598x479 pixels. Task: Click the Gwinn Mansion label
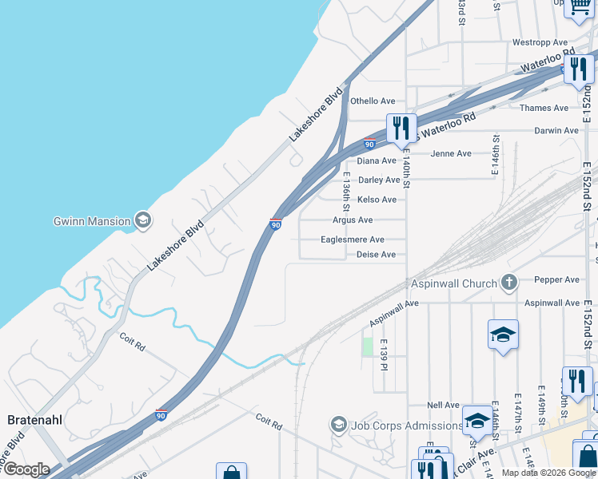coord(91,221)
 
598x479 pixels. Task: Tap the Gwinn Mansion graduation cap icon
coord(143,220)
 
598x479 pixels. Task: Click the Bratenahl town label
coord(34,419)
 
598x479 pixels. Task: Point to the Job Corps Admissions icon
coord(338,425)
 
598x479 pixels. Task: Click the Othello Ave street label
coord(373,101)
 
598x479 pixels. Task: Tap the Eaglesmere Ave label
coord(353,239)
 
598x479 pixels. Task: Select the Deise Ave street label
coord(376,255)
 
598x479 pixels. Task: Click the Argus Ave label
coord(353,220)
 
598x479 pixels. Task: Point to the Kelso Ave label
coord(377,200)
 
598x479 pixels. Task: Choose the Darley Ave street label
coord(379,180)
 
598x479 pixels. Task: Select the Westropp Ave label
coord(540,42)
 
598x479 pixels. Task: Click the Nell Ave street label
coord(444,406)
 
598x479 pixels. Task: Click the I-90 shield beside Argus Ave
coord(275,224)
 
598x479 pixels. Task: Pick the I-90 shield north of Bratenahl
coord(162,414)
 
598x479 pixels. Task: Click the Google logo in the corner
coord(26,469)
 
